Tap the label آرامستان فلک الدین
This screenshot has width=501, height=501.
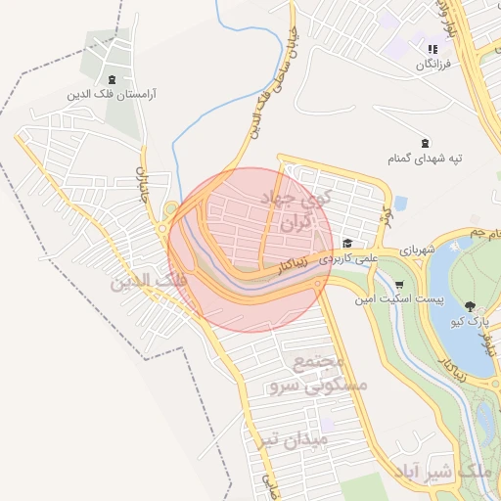pos(113,96)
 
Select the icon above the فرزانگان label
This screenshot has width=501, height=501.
pos(431,49)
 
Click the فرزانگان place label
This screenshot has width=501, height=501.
pos(433,65)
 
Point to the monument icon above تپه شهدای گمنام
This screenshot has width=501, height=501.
pos(424,142)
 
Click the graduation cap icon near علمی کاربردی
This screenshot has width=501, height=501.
pos(346,243)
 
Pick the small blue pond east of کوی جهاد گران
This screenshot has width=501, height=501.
pos(400,204)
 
